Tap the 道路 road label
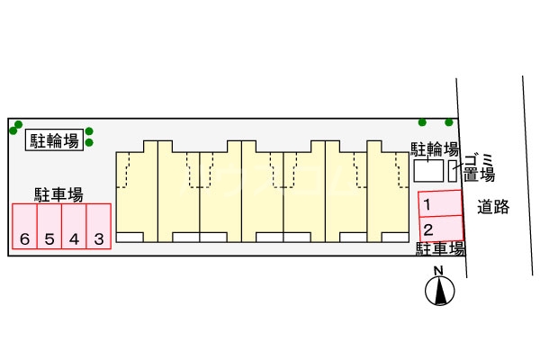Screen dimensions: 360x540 coord(493,207)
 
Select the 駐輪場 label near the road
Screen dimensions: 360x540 coord(436,148)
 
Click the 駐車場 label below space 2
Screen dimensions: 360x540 coord(440,248)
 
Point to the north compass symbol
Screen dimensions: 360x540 coord(439,291)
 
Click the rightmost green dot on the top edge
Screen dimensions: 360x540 coord(448,122)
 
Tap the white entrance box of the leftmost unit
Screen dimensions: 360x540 coord(130,237)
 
